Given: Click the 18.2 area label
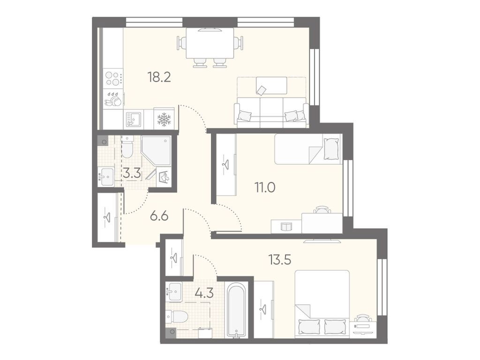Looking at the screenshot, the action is click(x=159, y=77).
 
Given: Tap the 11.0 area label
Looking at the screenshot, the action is click(x=265, y=187).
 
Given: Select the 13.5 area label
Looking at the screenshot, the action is click(x=280, y=260).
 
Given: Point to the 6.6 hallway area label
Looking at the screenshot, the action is click(x=159, y=217).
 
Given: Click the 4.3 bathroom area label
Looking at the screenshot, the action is click(x=204, y=293).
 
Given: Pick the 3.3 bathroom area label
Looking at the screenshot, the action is click(x=132, y=174).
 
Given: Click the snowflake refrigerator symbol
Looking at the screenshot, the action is click(x=164, y=120).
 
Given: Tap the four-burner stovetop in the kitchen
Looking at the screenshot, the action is click(x=112, y=78).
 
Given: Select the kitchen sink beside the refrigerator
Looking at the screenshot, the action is click(x=134, y=120).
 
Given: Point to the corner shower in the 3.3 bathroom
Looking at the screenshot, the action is click(x=156, y=150).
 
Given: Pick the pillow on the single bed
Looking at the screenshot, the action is click(x=331, y=149).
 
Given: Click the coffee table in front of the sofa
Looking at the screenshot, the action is click(x=271, y=85).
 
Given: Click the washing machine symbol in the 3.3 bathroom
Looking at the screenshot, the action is click(x=164, y=177).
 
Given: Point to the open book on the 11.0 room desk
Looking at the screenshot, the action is click(x=286, y=227).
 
